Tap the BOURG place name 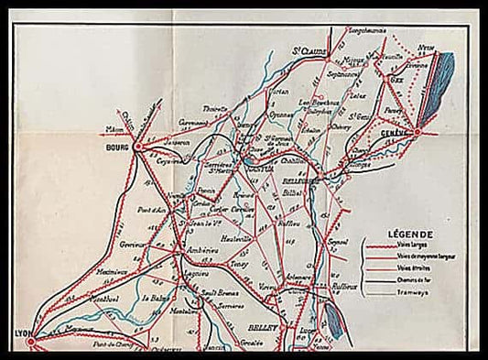[120, 144]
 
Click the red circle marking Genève [417, 132]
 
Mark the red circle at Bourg [138, 146]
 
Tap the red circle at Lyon [32, 341]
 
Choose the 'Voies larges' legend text [410, 245]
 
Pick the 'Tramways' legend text [409, 294]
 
